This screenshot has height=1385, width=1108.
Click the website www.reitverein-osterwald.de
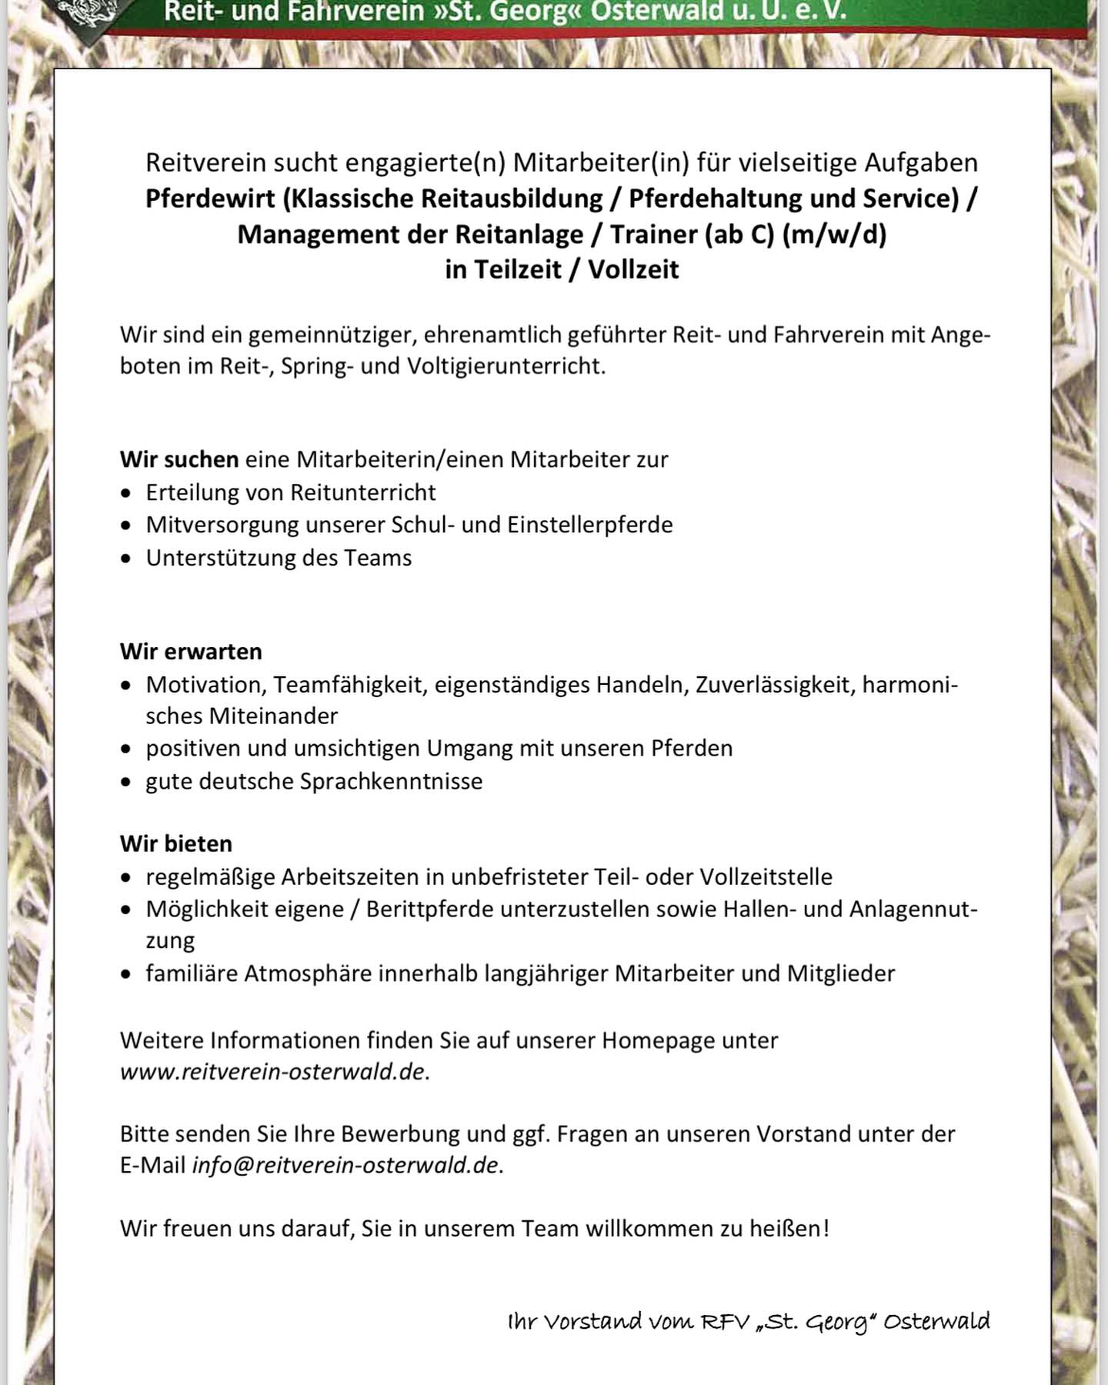[x=272, y=1072]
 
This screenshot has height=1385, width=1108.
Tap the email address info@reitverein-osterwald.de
[x=345, y=1165]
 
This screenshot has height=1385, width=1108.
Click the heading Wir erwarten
[x=191, y=652]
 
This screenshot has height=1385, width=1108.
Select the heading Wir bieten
[x=175, y=843]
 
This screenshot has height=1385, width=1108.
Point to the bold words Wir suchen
[x=179, y=459]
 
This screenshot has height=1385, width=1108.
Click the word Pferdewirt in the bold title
[x=210, y=199]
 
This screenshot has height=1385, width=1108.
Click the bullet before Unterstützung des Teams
[x=126, y=559]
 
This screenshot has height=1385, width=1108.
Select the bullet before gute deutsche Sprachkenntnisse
[x=126, y=783]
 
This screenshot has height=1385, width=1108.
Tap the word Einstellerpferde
[x=589, y=525]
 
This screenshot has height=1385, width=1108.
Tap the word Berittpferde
[x=431, y=909]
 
